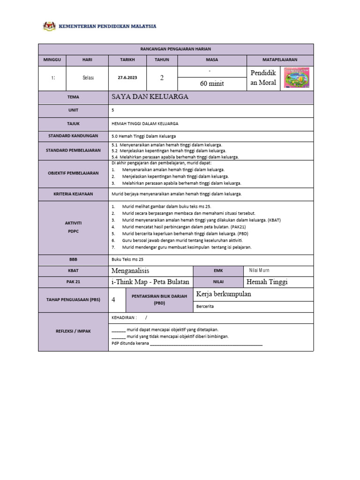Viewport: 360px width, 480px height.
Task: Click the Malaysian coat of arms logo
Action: pyautogui.click(x=49, y=26)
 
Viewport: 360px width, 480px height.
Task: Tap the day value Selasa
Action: pyautogui.click(x=88, y=78)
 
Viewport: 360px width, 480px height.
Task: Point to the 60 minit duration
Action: pyautogui.click(x=212, y=83)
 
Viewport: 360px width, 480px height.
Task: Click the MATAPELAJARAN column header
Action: pyautogui.click(x=280, y=60)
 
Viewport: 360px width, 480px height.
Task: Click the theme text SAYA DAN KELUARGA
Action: pyautogui.click(x=150, y=97)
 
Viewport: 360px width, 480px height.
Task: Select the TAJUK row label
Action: pyautogui.click(x=73, y=123)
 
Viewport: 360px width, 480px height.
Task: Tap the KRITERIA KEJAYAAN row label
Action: pyautogui.click(x=73, y=194)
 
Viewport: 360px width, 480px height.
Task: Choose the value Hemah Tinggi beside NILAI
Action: pyautogui.click(x=267, y=282)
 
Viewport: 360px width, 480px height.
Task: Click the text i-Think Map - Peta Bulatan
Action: pyautogui.click(x=150, y=282)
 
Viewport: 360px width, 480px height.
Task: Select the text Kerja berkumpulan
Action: pyautogui.click(x=224, y=294)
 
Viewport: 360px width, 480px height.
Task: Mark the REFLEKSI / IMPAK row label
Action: pyautogui.click(x=73, y=331)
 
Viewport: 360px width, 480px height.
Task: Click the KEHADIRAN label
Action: pyautogui.click(x=125, y=317)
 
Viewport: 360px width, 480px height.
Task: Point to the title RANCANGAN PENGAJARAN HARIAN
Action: pyautogui.click(x=175, y=49)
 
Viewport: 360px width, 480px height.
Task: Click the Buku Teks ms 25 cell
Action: pyautogui.click(x=128, y=259)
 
